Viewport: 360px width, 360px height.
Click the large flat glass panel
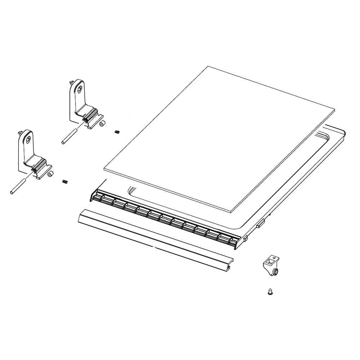(x=220, y=137)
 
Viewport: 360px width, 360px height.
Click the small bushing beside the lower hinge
(x=50, y=174)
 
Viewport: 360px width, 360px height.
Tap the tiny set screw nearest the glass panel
(x=117, y=132)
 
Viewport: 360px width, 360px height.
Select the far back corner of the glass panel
(x=208, y=67)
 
